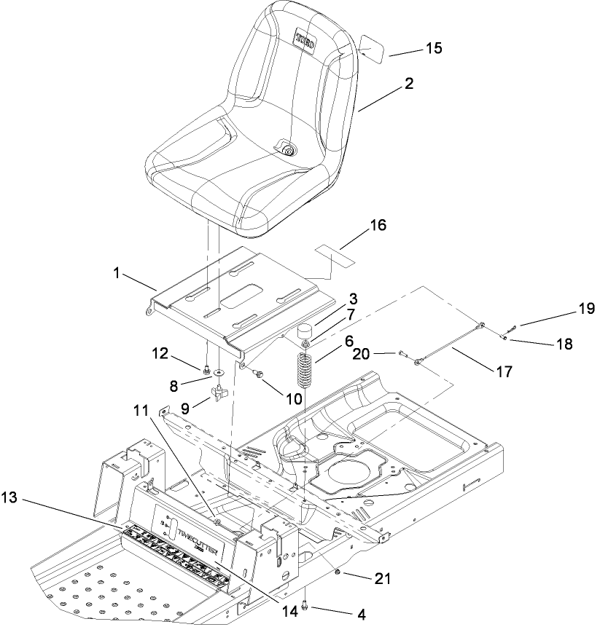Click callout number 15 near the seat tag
point(434,50)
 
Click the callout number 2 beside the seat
point(409,84)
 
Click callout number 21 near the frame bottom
point(382,580)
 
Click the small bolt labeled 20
point(402,354)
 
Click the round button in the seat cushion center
point(289,151)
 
